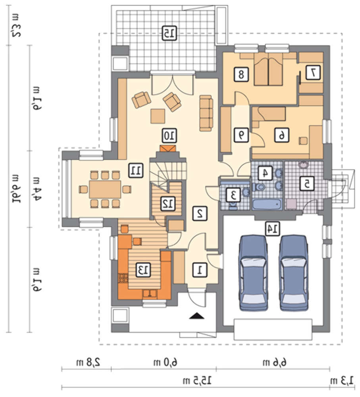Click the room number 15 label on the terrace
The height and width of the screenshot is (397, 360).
click(x=169, y=33)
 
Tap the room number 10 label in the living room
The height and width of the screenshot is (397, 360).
click(x=169, y=136)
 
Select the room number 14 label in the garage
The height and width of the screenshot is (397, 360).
click(x=272, y=229)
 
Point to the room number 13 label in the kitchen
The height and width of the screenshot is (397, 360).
click(x=143, y=270)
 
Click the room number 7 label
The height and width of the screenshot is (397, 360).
click(x=313, y=73)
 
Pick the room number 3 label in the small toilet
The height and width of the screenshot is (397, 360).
click(x=233, y=195)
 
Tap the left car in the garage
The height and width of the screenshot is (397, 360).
click(x=253, y=273)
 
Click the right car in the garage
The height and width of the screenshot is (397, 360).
click(x=295, y=273)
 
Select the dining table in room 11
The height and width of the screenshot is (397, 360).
click(x=105, y=189)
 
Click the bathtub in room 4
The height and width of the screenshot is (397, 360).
click(x=268, y=204)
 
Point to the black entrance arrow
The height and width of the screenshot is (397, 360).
click(x=197, y=315)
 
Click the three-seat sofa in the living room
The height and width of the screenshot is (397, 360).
click(x=206, y=113)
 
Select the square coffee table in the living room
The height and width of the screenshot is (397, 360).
click(x=158, y=116)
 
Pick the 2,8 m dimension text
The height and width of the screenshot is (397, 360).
click(x=89, y=362)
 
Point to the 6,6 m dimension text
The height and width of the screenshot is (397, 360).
click(x=275, y=362)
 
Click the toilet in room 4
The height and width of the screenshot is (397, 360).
click(x=259, y=187)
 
